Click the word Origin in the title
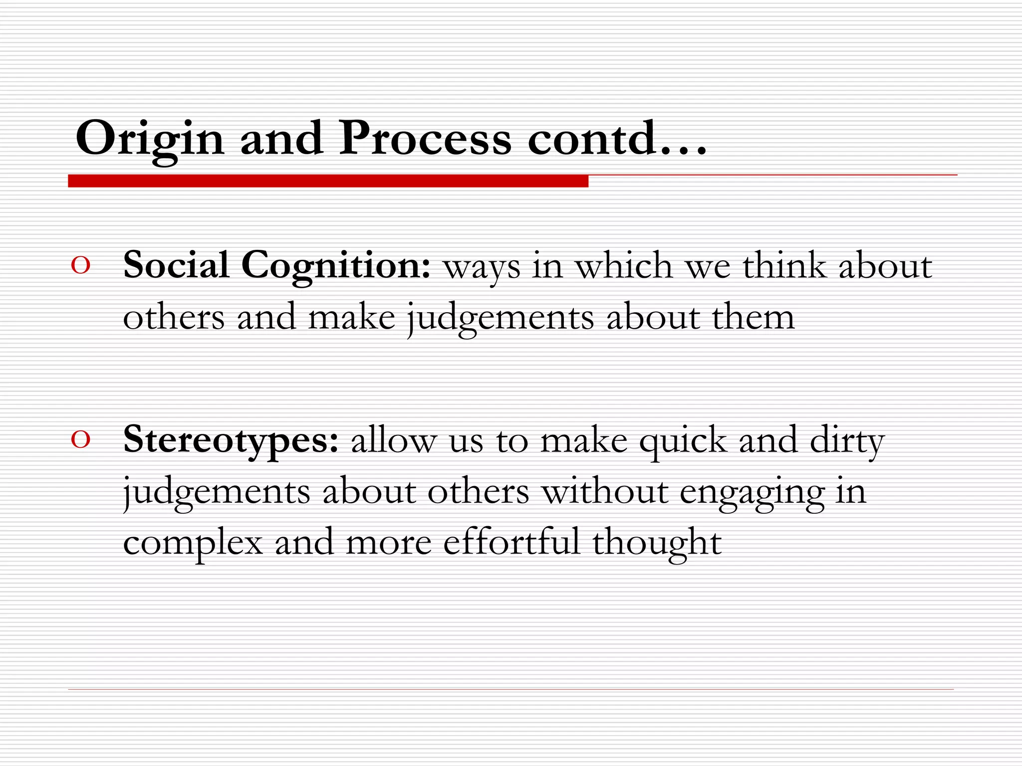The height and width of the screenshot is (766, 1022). click(149, 139)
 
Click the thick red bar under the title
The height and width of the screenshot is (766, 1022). click(328, 181)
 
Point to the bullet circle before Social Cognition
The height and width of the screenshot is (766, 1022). click(81, 266)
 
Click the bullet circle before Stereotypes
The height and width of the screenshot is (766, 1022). click(81, 440)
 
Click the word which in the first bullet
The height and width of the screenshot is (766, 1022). click(624, 265)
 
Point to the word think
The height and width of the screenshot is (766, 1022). click(784, 265)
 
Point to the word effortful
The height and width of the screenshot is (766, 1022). click(511, 542)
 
